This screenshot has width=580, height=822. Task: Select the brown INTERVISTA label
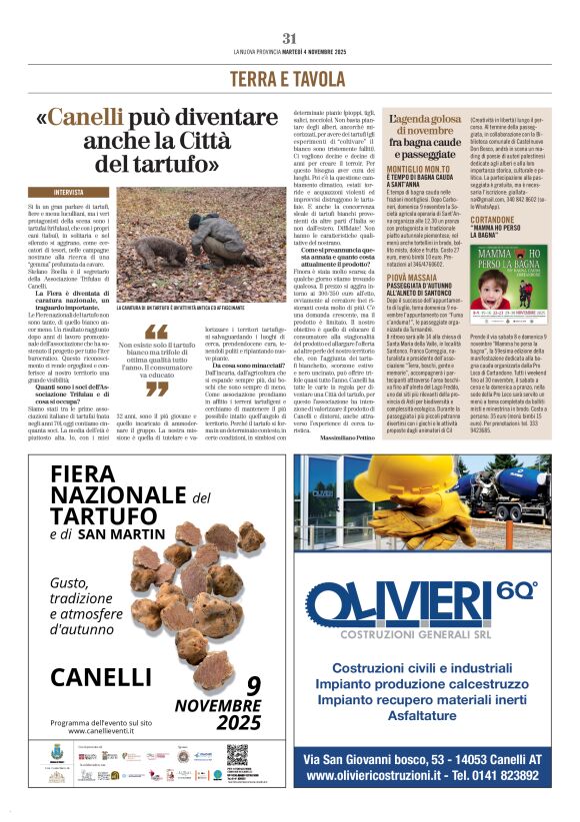tap(68, 191)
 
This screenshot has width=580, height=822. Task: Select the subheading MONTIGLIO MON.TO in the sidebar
tap(417, 171)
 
